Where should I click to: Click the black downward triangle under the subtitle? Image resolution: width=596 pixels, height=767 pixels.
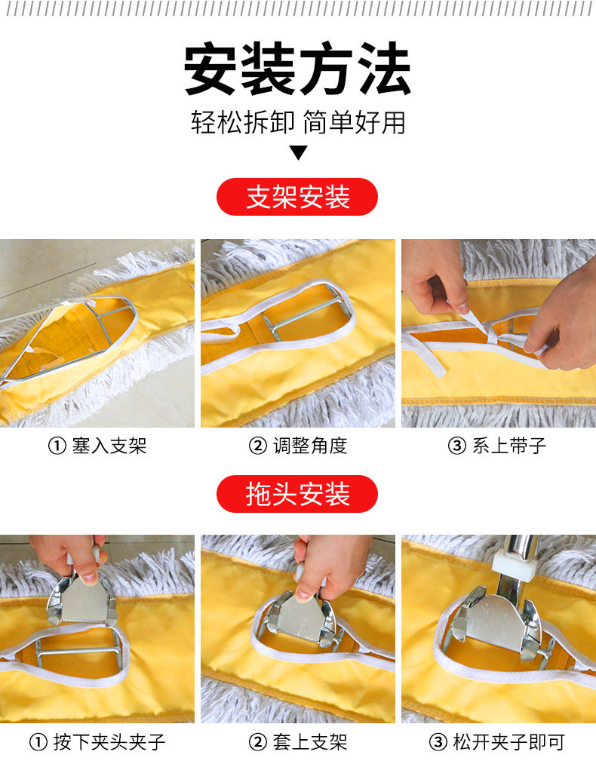[299, 153]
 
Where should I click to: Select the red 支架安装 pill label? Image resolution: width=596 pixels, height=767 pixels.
[297, 198]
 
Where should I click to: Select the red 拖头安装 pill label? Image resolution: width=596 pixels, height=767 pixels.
[297, 494]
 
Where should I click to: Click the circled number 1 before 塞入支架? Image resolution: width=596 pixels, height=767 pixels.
[57, 446]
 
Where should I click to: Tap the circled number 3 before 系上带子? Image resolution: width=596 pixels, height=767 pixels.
[457, 446]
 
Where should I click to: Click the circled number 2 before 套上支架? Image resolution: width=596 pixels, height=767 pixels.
[258, 743]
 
